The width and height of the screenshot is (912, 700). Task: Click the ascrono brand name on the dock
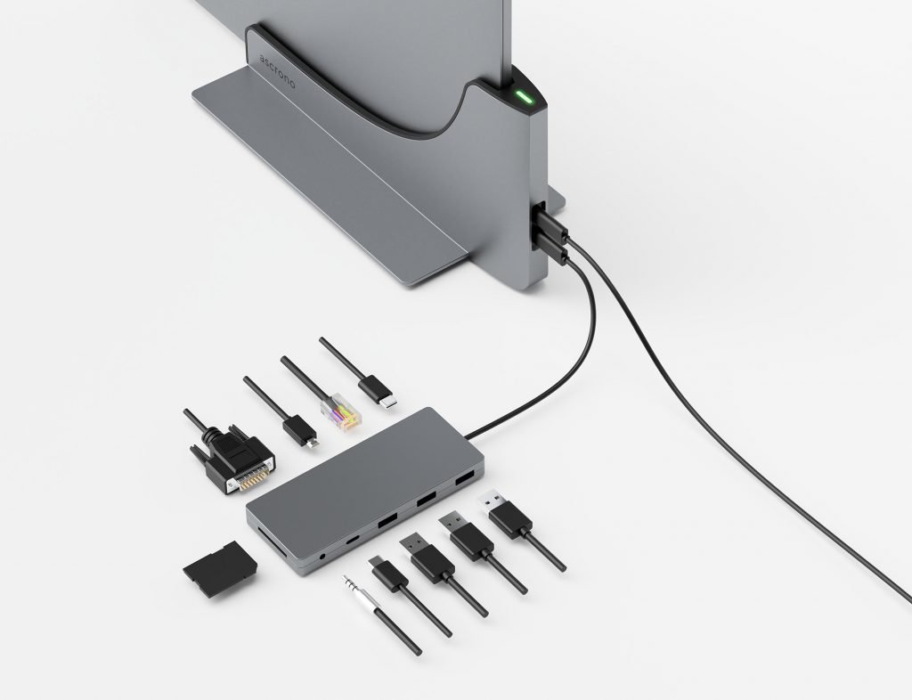click(x=278, y=71)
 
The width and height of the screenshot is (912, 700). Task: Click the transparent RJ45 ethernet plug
click(x=341, y=412)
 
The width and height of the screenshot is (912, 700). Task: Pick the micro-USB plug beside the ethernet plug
click(x=300, y=431)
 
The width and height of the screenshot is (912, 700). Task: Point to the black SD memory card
click(x=220, y=568)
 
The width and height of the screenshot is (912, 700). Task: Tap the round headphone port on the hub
click(x=323, y=558)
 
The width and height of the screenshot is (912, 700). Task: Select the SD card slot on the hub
click(x=271, y=540)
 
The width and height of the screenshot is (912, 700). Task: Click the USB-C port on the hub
click(x=353, y=540)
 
